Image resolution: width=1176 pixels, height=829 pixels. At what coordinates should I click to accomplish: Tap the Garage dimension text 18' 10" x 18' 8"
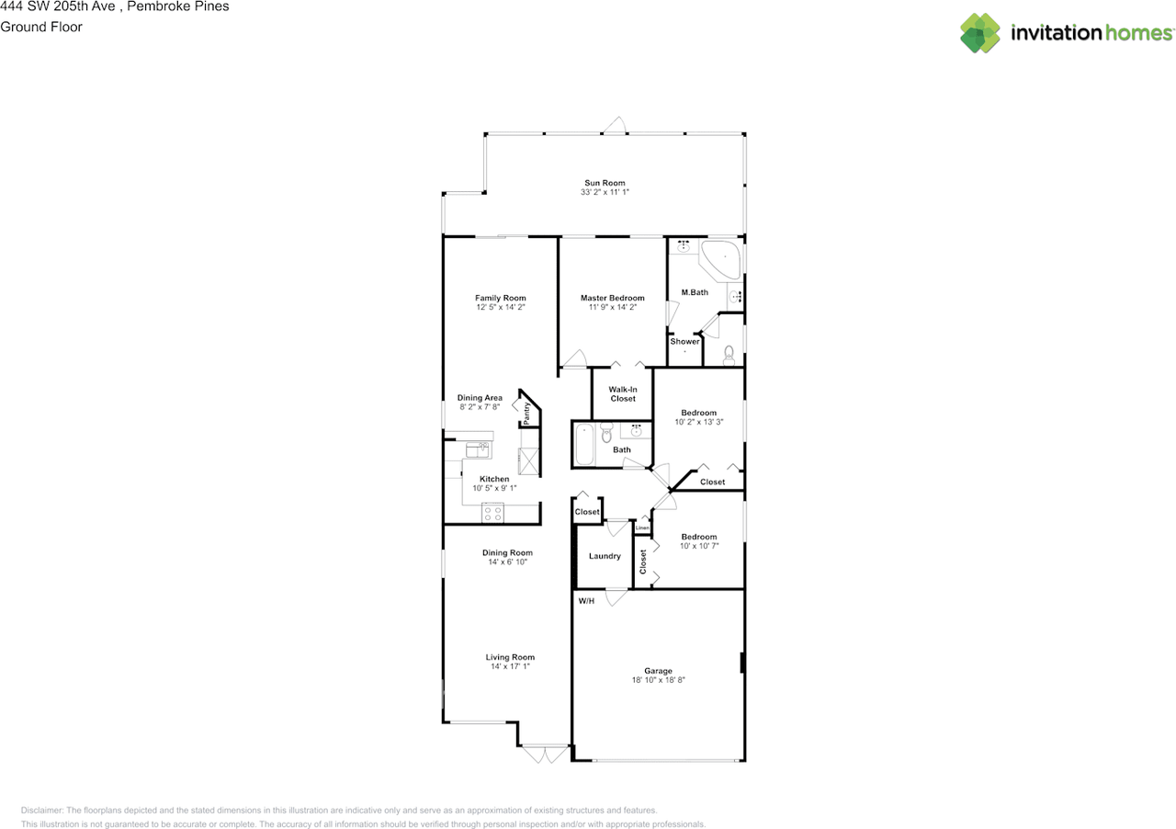coord(658,681)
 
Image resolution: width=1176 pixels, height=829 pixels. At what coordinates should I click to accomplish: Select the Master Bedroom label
coord(612,298)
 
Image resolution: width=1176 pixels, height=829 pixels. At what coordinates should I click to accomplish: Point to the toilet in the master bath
coord(729,353)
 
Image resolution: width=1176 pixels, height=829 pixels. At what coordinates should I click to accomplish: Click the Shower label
coord(684,342)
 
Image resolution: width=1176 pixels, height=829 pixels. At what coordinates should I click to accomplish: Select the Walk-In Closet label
coord(622,394)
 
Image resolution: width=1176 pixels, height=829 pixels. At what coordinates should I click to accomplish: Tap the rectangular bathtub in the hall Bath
coord(583,445)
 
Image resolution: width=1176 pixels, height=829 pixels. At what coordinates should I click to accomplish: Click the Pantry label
coord(526,413)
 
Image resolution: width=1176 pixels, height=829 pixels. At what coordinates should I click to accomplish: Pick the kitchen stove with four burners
coord(492,514)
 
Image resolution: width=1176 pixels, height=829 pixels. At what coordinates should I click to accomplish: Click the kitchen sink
coord(477,449)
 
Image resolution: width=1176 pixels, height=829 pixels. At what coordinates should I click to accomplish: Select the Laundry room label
coord(604,556)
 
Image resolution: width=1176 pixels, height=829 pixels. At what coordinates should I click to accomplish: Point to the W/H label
coord(585,600)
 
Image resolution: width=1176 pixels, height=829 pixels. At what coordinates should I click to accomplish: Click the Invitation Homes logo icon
coord(980,33)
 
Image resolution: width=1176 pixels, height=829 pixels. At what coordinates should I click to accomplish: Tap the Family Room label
coord(500,298)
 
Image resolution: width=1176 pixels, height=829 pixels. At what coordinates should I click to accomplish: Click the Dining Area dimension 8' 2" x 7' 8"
coord(480,407)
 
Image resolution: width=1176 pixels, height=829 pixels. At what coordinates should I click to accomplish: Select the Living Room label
coord(510,657)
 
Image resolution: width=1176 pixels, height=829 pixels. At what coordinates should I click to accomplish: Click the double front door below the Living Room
coord(544,755)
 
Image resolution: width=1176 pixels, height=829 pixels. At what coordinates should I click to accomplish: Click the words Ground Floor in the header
coord(41,27)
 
